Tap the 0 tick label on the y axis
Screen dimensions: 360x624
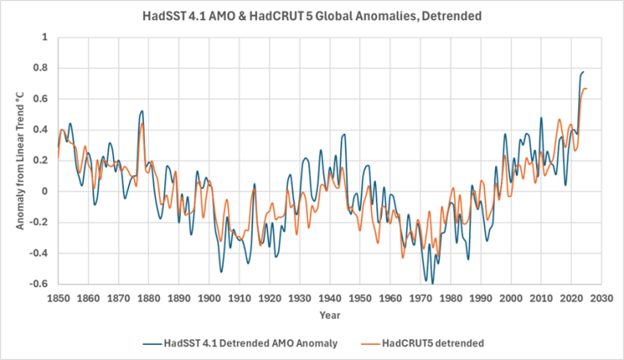pyautogui.click(x=47, y=192)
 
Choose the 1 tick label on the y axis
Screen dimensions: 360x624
pyautogui.click(x=47, y=37)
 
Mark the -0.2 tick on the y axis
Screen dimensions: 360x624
pyautogui.click(x=41, y=223)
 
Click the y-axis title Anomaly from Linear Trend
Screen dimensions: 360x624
pyautogui.click(x=17, y=160)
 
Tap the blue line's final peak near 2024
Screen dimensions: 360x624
pyautogui.click(x=583, y=72)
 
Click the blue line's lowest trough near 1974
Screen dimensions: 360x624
pyautogui.click(x=433, y=284)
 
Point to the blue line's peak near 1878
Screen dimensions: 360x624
pyautogui.click(x=142, y=111)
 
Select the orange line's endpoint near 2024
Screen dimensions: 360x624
pyautogui.click(x=587, y=88)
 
